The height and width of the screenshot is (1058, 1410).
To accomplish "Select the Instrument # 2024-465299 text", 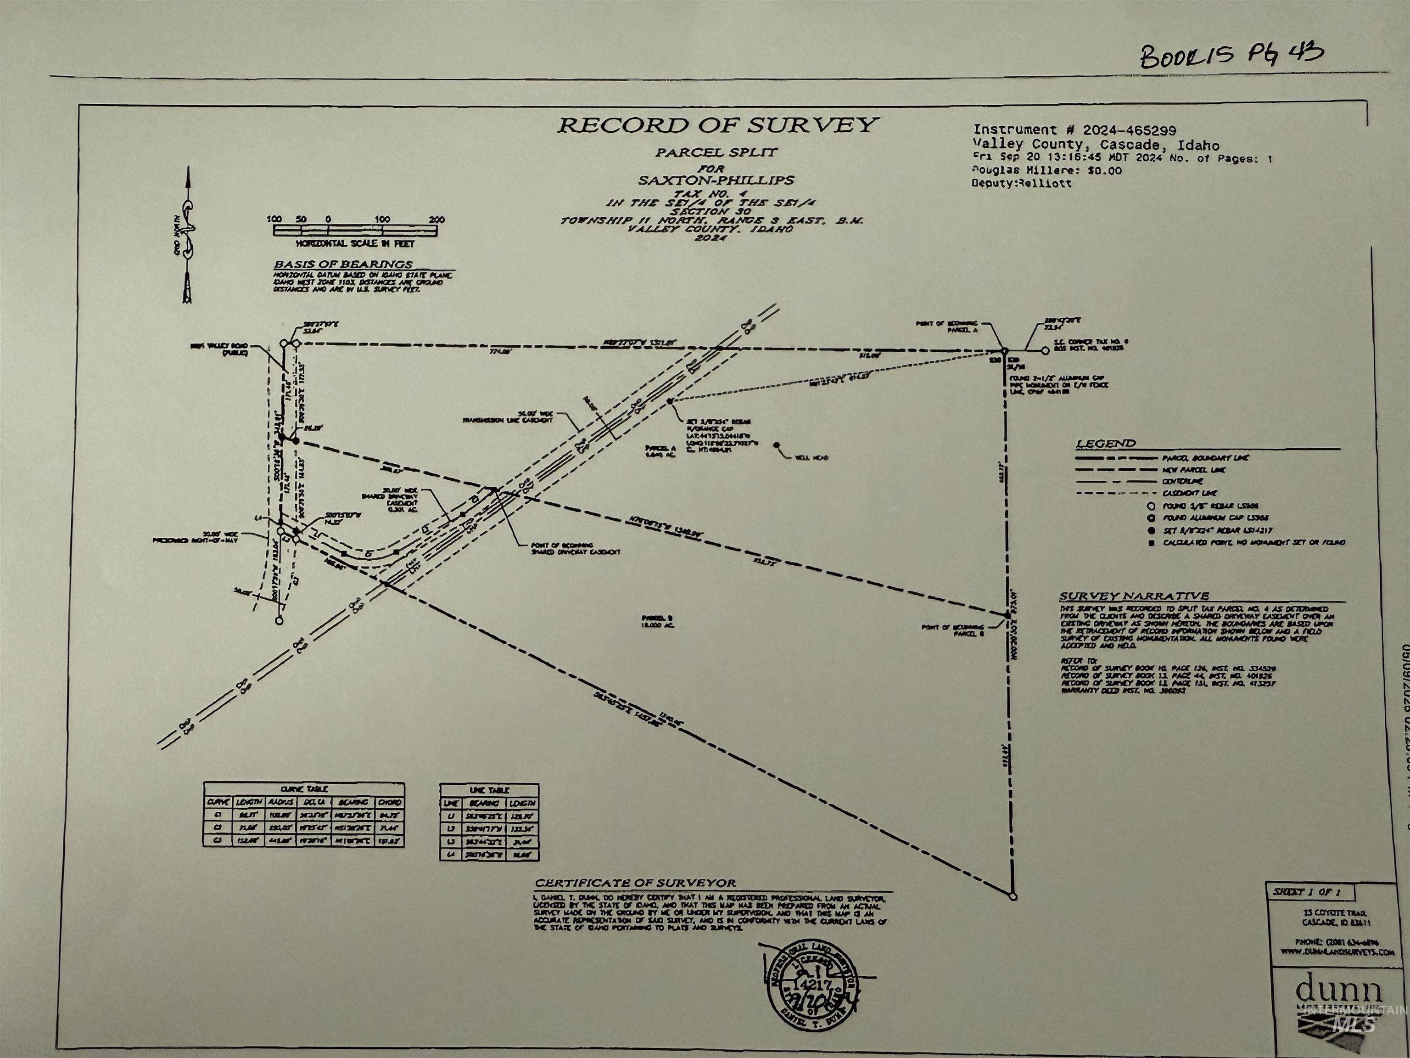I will pos(1074,130).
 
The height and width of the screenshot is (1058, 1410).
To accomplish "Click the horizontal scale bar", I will pos(355,230).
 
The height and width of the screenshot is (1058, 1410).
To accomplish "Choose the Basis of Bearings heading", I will pos(343,264).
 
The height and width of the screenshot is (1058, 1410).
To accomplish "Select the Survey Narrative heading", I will pos(1134,597).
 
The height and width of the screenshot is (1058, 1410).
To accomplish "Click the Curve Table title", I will pos(303,789).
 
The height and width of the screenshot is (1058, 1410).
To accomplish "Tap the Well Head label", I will pos(811,458).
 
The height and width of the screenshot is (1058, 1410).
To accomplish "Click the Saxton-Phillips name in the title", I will pos(717,180).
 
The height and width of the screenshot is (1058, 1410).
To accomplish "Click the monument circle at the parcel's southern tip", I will pos(1013,897).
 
